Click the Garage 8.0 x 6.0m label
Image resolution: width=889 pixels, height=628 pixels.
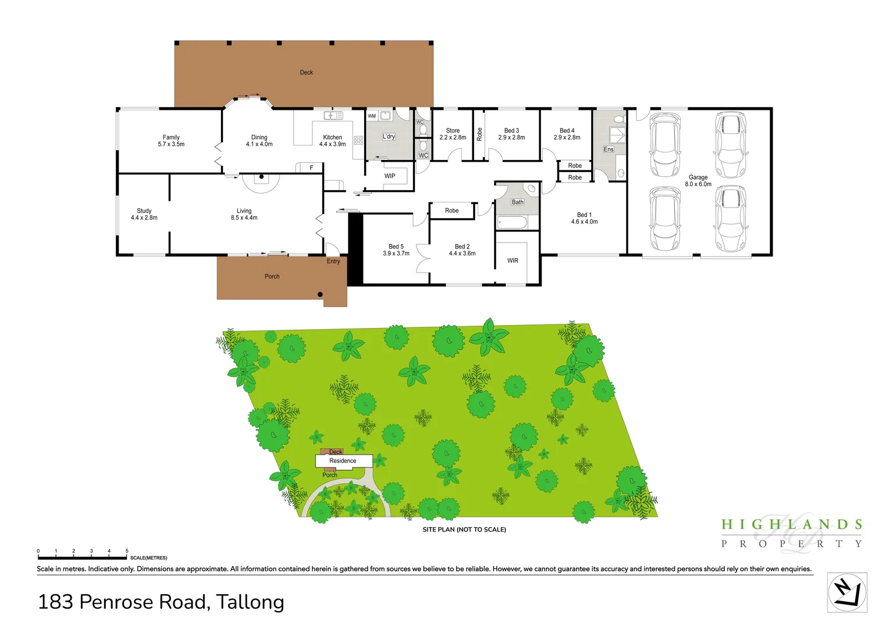pyautogui.click(x=698, y=181)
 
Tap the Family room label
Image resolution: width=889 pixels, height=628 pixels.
pyautogui.click(x=171, y=141)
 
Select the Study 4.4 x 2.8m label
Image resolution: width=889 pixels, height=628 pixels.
pyautogui.click(x=144, y=214)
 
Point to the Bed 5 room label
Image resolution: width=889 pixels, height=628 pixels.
pyautogui.click(x=396, y=250)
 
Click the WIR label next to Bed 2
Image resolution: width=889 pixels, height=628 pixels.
pyautogui.click(x=513, y=261)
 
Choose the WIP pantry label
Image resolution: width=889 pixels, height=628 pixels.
pyautogui.click(x=390, y=176)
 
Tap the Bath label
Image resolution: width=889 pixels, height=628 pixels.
pyautogui.click(x=517, y=202)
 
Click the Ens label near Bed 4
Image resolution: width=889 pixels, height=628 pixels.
pyautogui.click(x=609, y=149)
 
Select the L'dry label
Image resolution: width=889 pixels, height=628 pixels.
pyautogui.click(x=389, y=137)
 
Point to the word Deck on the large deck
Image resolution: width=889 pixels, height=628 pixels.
pyautogui.click(x=307, y=73)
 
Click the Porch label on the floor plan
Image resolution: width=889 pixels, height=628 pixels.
pyautogui.click(x=272, y=277)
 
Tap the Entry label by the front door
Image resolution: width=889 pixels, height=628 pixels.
pyautogui.click(x=333, y=262)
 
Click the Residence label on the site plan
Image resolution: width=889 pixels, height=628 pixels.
pyautogui.click(x=343, y=461)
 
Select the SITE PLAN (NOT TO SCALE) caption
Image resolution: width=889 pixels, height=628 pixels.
pyautogui.click(x=464, y=530)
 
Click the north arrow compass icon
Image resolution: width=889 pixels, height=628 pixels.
pyautogui.click(x=847, y=593)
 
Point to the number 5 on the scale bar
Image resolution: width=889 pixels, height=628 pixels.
pyautogui.click(x=127, y=551)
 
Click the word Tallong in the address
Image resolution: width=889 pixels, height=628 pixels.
pyautogui.click(x=250, y=602)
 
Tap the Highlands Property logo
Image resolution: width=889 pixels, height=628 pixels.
pyautogui.click(x=791, y=533)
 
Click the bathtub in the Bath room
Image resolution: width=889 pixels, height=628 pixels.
pyautogui.click(x=512, y=222)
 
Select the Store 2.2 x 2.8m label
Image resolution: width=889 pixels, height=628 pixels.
pyautogui.click(x=453, y=134)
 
